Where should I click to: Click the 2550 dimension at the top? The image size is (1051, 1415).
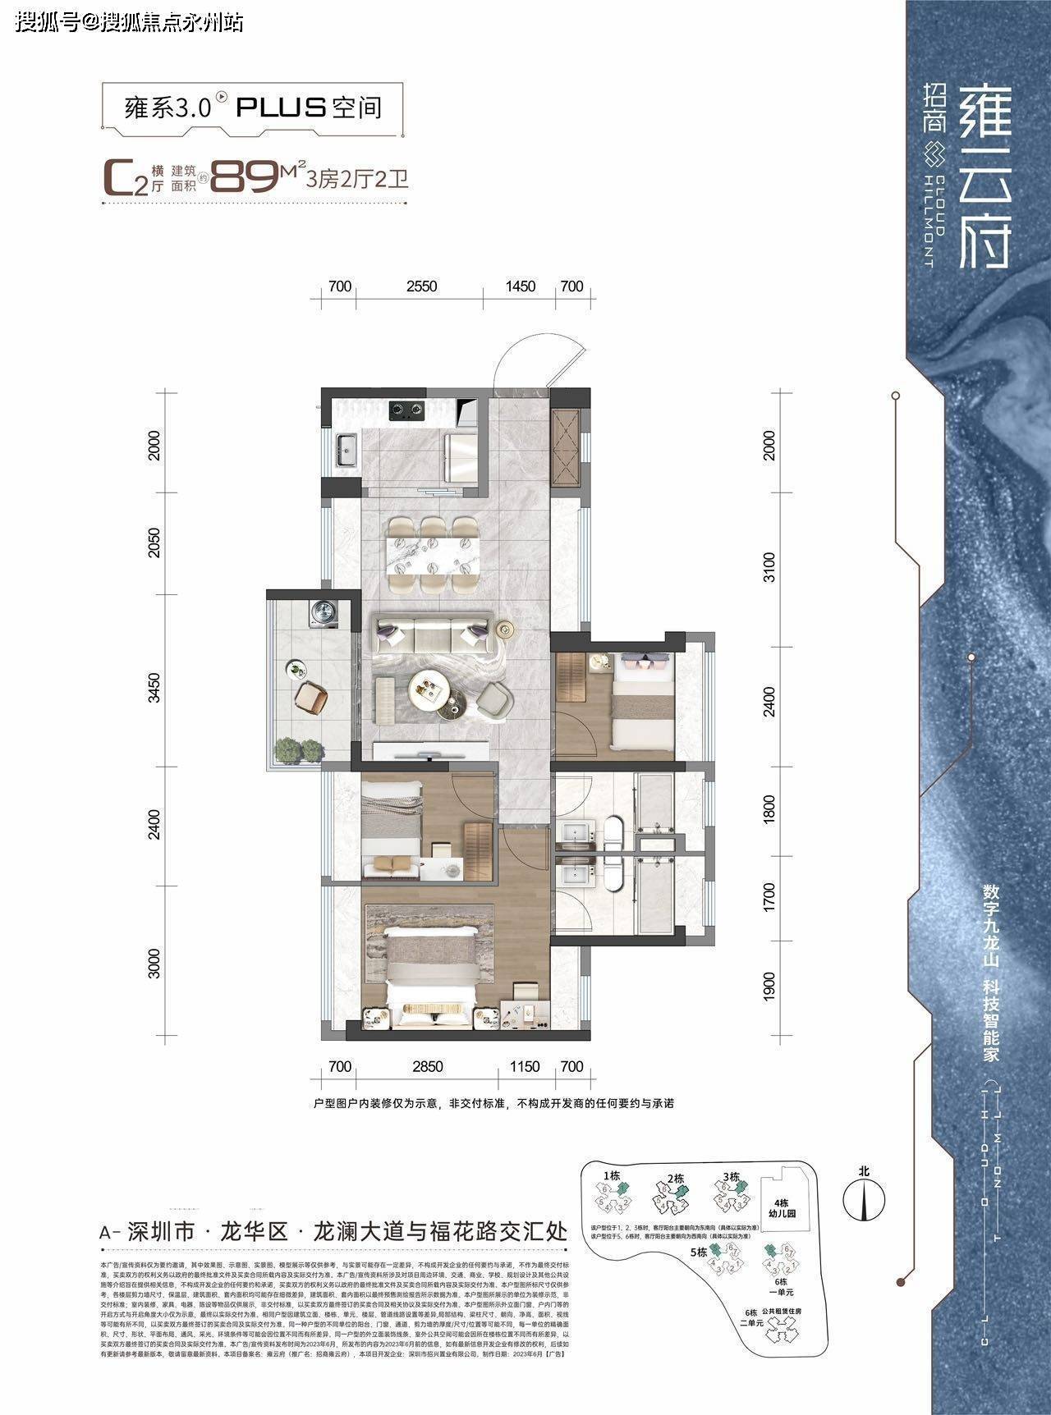click(x=421, y=286)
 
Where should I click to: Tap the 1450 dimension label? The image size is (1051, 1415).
click(x=520, y=286)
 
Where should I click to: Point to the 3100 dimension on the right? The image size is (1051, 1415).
click(x=769, y=567)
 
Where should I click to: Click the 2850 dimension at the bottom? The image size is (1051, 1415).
click(x=427, y=1067)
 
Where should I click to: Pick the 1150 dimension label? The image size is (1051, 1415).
click(x=524, y=1067)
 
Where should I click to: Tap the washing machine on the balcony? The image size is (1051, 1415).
click(x=321, y=613)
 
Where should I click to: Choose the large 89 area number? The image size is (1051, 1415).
click(x=244, y=176)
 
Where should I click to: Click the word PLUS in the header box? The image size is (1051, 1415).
click(x=282, y=108)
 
